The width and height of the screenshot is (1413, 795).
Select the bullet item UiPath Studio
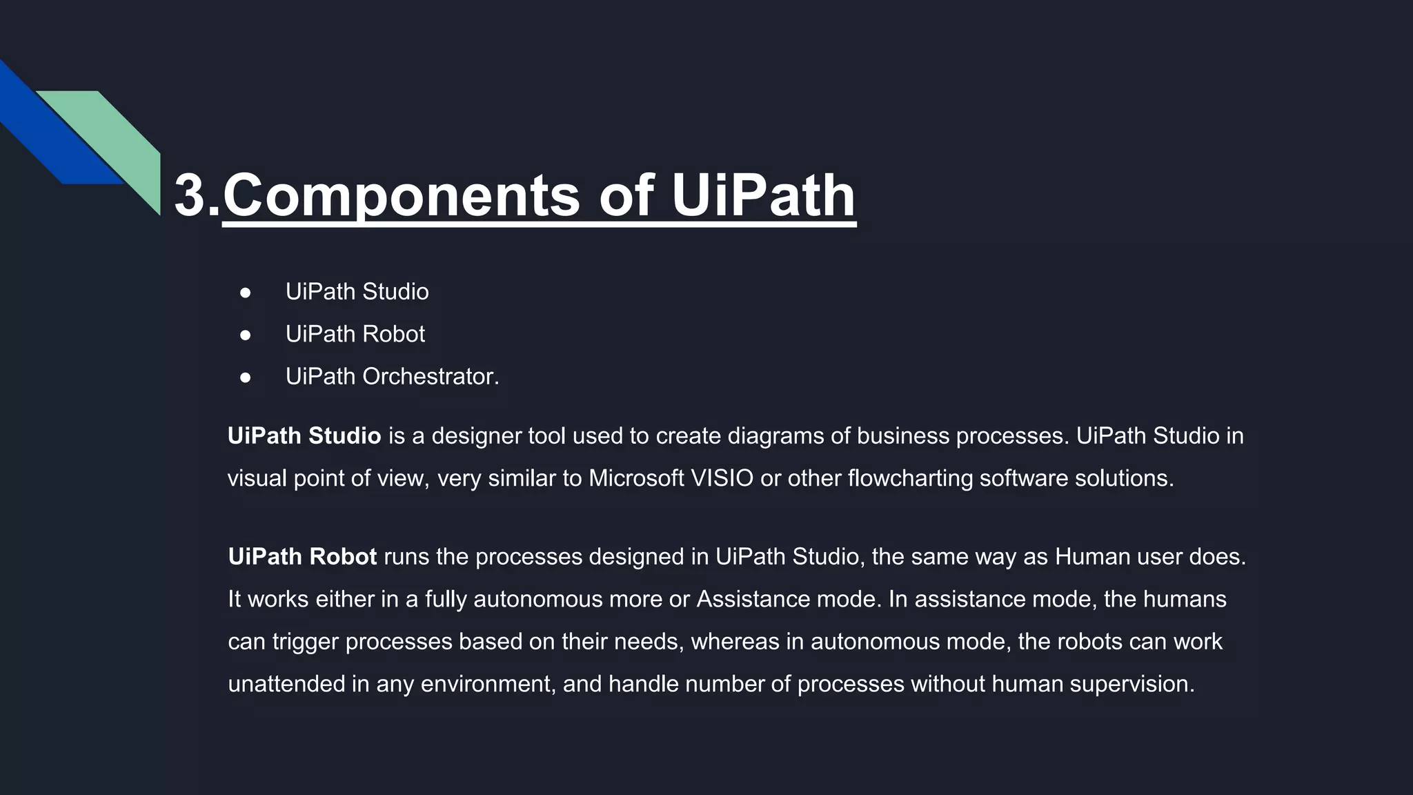(357, 292)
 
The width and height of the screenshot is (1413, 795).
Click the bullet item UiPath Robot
(355, 334)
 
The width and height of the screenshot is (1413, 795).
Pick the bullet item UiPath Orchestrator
(391, 377)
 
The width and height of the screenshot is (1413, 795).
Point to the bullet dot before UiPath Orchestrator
(246, 377)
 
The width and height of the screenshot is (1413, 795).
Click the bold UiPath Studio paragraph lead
(304, 436)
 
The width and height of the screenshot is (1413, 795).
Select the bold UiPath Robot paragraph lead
(302, 557)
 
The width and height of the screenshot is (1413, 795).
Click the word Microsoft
(635, 478)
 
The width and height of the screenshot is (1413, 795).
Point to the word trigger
(305, 642)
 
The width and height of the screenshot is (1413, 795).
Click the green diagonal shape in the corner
(117, 138)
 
